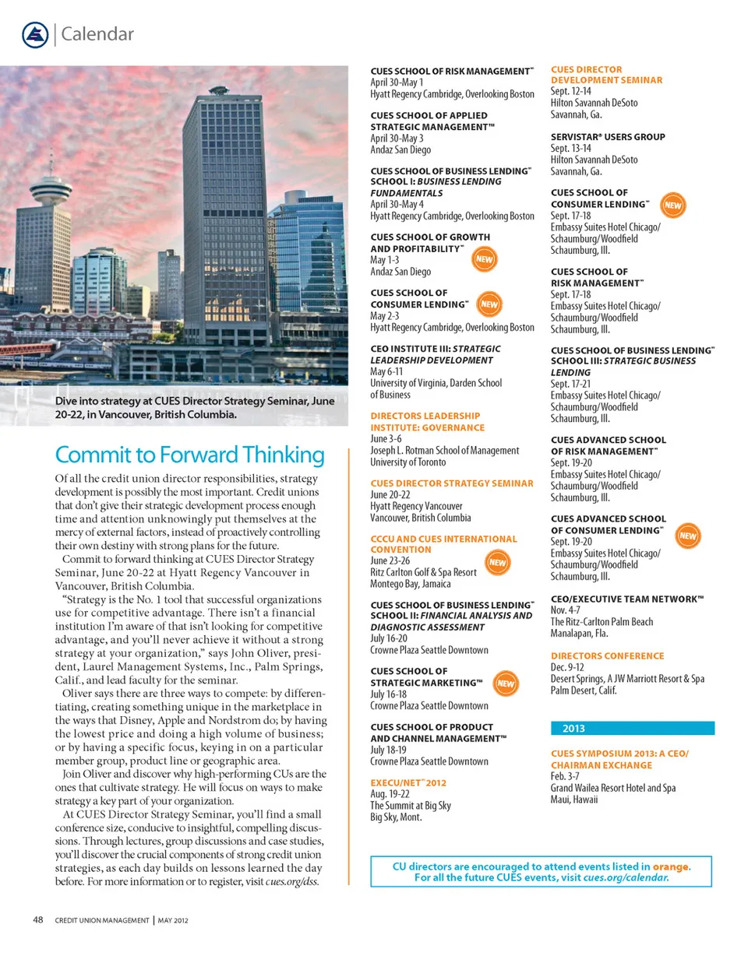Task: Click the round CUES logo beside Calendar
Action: [36, 33]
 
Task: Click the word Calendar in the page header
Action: [97, 33]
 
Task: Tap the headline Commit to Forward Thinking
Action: [189, 455]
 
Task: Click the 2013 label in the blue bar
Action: [573, 729]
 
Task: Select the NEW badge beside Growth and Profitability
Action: [485, 258]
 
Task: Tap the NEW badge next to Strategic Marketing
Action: [506, 684]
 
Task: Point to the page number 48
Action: [37, 919]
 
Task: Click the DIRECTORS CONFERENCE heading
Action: [608, 656]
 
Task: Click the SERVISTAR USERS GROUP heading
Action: [608, 137]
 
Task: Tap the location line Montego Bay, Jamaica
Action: [410, 584]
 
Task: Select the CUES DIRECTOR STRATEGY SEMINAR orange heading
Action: [452, 483]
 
